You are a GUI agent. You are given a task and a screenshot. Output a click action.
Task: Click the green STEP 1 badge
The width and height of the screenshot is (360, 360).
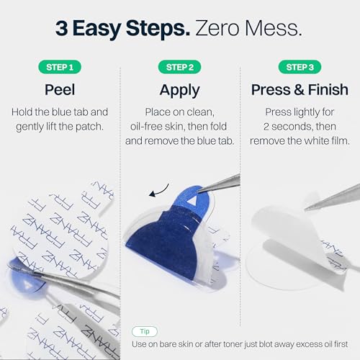(60, 67)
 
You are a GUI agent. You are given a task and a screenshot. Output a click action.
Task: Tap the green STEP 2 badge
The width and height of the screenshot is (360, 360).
(180, 67)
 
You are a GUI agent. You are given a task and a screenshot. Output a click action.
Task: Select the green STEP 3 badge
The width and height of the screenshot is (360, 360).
(300, 67)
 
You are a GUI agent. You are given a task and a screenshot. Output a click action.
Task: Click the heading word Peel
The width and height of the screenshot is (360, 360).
(60, 90)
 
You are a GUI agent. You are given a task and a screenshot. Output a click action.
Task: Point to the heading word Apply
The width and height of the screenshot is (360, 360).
(180, 91)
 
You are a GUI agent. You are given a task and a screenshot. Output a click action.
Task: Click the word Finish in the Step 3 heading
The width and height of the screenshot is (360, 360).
(328, 90)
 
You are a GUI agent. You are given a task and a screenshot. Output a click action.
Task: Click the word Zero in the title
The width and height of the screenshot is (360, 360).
(217, 28)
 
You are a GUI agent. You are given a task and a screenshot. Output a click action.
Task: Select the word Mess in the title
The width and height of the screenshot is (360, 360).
(271, 28)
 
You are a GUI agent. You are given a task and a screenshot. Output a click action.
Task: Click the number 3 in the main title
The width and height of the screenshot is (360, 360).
(61, 28)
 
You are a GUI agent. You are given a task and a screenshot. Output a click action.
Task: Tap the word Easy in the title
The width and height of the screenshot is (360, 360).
(96, 30)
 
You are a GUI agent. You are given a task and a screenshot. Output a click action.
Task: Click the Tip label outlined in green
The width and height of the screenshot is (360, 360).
(145, 331)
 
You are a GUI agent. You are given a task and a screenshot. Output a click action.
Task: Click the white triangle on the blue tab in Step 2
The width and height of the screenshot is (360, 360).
(192, 201)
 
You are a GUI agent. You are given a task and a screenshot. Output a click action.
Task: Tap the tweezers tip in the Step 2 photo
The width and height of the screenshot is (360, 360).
(199, 192)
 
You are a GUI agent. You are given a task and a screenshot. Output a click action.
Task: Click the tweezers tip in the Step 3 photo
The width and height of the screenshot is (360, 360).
(306, 210)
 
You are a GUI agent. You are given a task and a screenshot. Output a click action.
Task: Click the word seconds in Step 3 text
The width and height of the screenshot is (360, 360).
(292, 127)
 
